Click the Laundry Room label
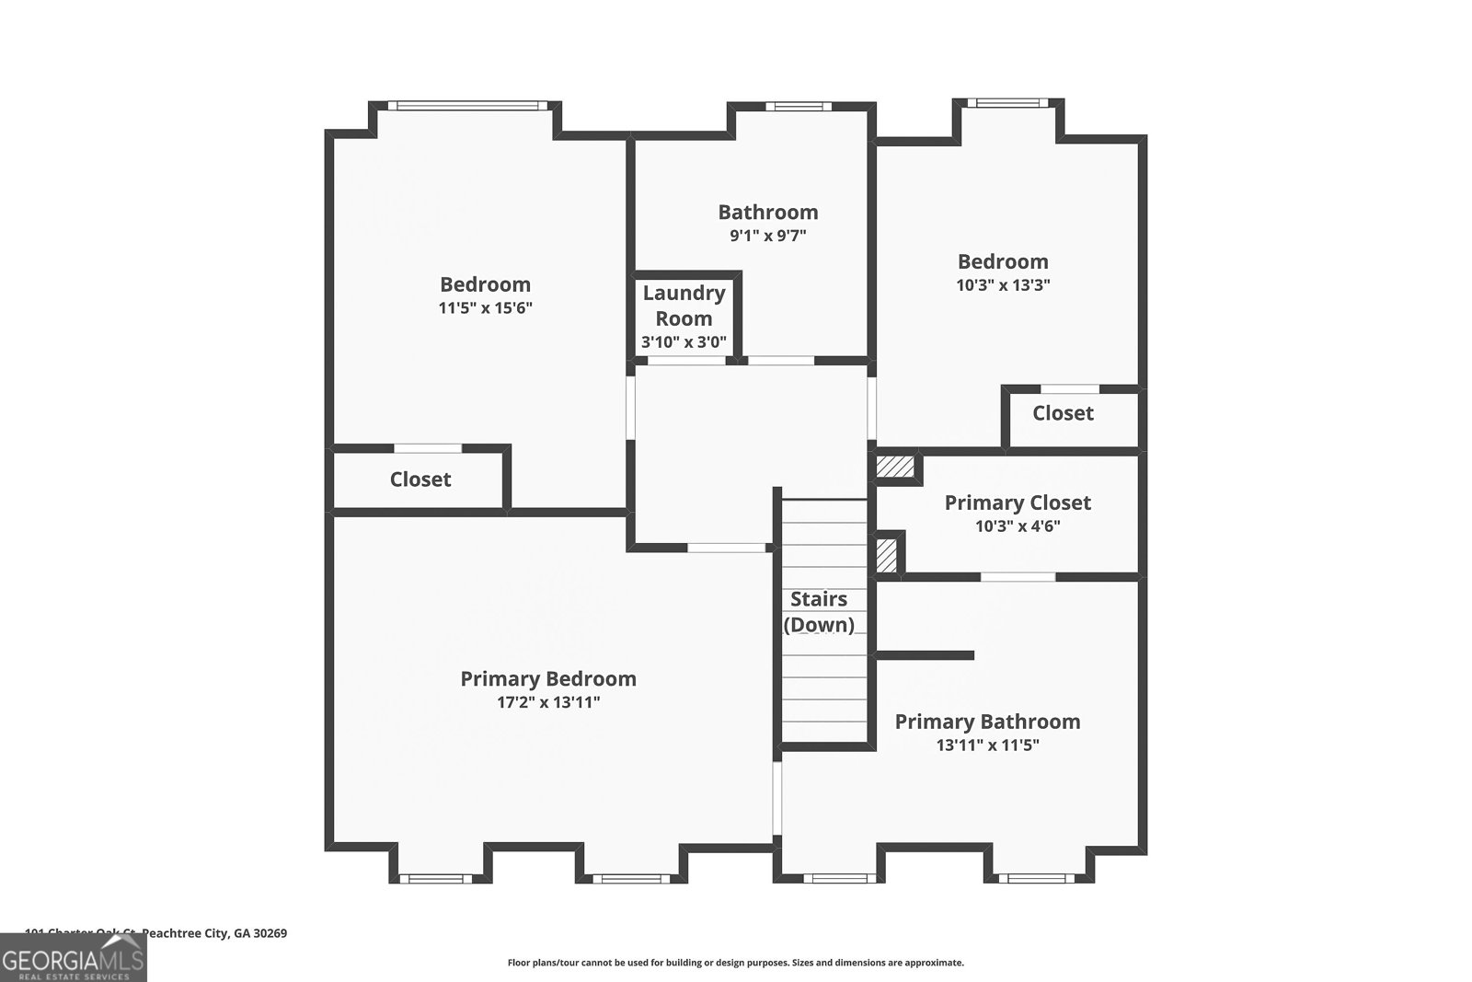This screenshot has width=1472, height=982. pyautogui.click(x=684, y=306)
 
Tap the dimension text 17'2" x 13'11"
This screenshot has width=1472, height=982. pyautogui.click(x=547, y=702)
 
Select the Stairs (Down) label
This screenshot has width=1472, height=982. pyautogui.click(x=819, y=611)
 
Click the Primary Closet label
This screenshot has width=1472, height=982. pyautogui.click(x=1018, y=503)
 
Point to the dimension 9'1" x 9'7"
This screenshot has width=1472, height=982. pyautogui.click(x=768, y=236)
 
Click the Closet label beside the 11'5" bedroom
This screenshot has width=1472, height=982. pyautogui.click(x=420, y=479)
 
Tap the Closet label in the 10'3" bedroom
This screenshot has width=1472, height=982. pyautogui.click(x=1063, y=413)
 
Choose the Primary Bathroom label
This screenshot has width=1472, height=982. pyautogui.click(x=987, y=722)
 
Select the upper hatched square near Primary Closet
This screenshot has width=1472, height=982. pyautogui.click(x=894, y=467)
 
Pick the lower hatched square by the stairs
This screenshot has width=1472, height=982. pyautogui.click(x=886, y=555)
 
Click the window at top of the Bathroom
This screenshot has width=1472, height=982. pyautogui.click(x=798, y=107)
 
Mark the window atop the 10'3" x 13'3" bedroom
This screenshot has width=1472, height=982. pyautogui.click(x=1006, y=103)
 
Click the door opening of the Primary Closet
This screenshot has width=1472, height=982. pyautogui.click(x=1018, y=577)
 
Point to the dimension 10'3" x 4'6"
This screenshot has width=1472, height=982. pyautogui.click(x=1018, y=526)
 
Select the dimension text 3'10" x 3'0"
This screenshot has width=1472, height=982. pyautogui.click(x=684, y=342)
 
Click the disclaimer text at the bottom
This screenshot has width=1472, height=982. pyautogui.click(x=735, y=963)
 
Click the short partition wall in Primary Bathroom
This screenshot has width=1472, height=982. pyautogui.click(x=925, y=655)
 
